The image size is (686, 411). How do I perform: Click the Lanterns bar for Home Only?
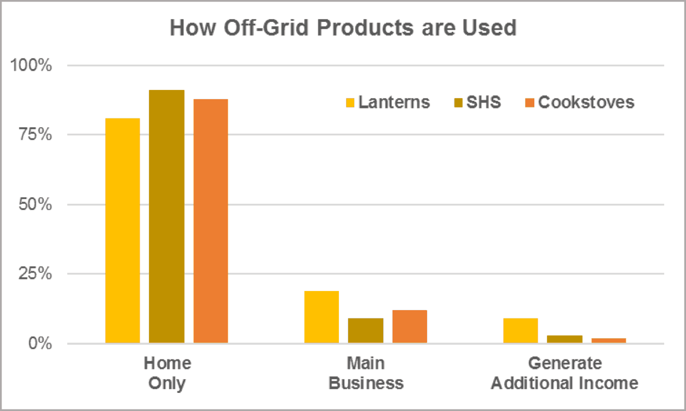[123, 231]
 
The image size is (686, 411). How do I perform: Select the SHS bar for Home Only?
[166, 216]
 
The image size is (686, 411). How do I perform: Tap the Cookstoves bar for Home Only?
[210, 221]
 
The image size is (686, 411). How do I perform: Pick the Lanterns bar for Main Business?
[321, 317]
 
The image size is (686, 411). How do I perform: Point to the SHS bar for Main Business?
[365, 331]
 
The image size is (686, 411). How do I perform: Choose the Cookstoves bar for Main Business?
[410, 327]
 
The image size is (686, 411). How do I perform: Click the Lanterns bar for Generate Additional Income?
[520, 331]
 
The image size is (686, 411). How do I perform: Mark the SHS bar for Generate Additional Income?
[564, 339]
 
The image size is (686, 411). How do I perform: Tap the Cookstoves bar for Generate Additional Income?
[608, 341]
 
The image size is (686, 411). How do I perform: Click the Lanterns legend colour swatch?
[350, 102]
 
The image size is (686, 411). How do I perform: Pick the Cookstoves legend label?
[586, 102]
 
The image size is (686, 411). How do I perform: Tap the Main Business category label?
[366, 373]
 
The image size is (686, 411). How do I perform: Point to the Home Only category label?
[167, 373]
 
